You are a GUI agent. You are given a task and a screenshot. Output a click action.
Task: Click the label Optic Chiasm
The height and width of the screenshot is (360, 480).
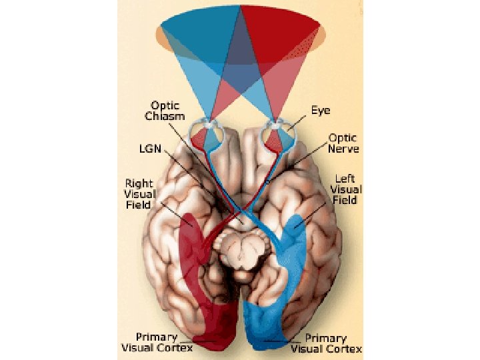click(163, 111)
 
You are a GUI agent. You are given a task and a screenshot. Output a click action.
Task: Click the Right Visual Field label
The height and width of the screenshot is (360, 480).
click(139, 194)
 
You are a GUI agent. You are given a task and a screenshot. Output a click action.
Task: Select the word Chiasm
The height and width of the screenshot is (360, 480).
click(163, 116)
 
